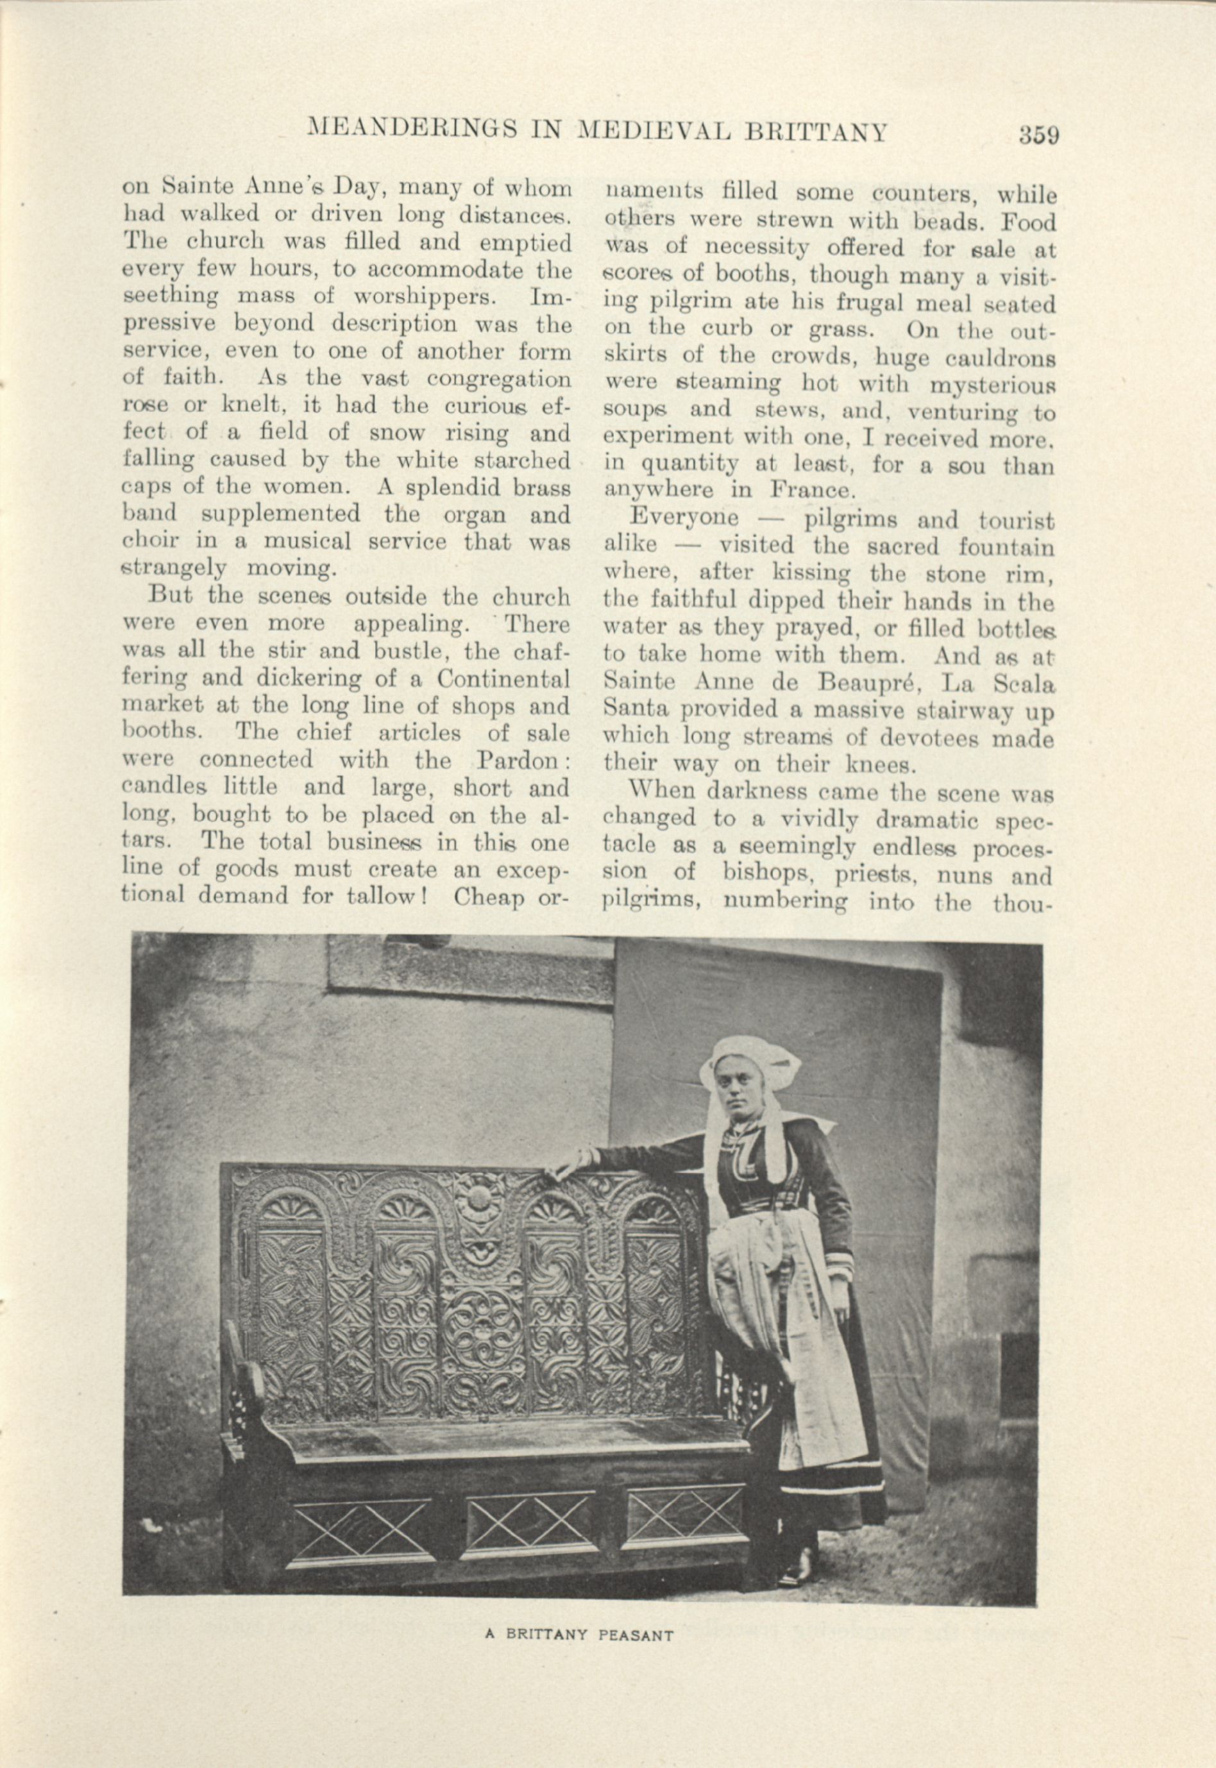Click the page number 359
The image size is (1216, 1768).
point(1038,135)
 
